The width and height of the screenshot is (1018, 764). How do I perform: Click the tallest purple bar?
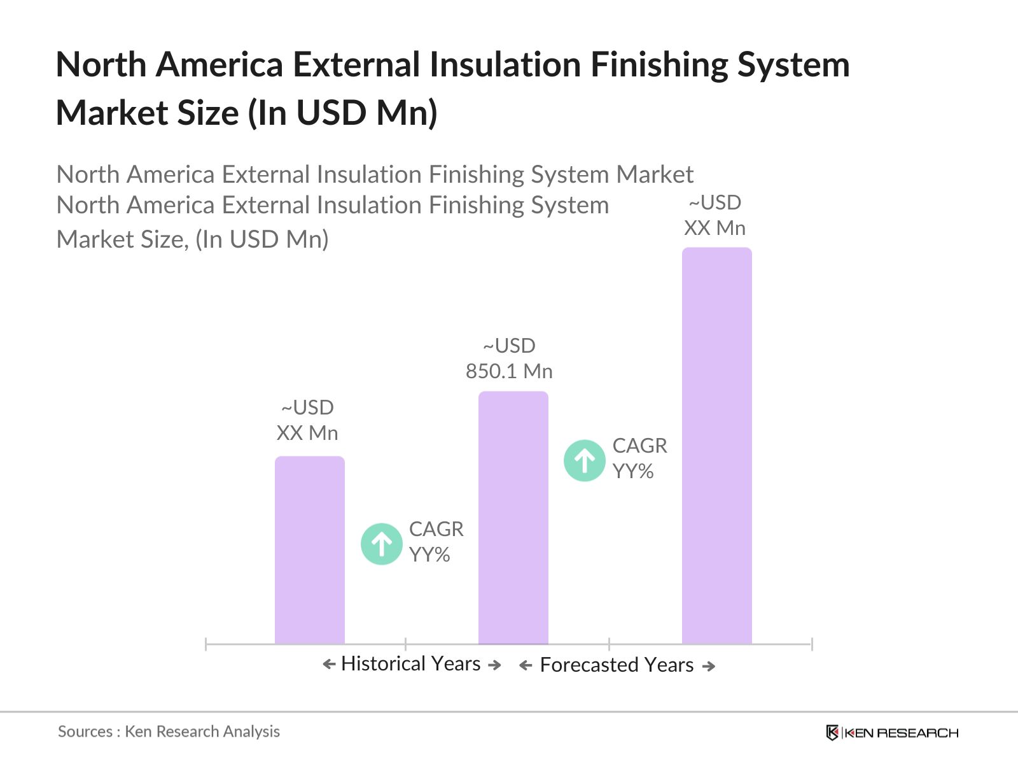click(x=716, y=446)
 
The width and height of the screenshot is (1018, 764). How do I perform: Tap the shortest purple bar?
click(x=309, y=550)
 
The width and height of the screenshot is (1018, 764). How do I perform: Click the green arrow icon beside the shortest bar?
click(x=382, y=544)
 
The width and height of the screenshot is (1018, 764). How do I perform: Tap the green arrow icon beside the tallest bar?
click(x=584, y=460)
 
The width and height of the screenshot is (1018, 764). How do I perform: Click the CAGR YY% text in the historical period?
click(x=436, y=542)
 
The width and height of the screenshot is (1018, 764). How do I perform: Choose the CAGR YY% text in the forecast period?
click(x=639, y=458)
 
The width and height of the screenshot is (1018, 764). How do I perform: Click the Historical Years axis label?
click(x=410, y=664)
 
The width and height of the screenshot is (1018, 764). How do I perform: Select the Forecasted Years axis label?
click(x=617, y=665)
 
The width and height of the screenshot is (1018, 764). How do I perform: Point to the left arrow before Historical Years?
click(x=329, y=665)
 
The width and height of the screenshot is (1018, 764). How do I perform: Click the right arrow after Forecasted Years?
click(x=709, y=667)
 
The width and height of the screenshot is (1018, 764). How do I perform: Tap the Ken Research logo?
click(x=892, y=733)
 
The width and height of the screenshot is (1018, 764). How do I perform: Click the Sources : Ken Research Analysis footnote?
click(x=169, y=732)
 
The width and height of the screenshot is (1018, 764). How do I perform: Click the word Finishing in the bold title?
click(x=659, y=65)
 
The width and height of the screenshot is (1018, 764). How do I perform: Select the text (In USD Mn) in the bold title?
click(x=342, y=113)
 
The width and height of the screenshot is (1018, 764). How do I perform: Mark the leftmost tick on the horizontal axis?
click(x=206, y=644)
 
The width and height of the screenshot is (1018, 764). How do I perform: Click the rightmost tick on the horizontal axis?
click(x=812, y=644)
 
